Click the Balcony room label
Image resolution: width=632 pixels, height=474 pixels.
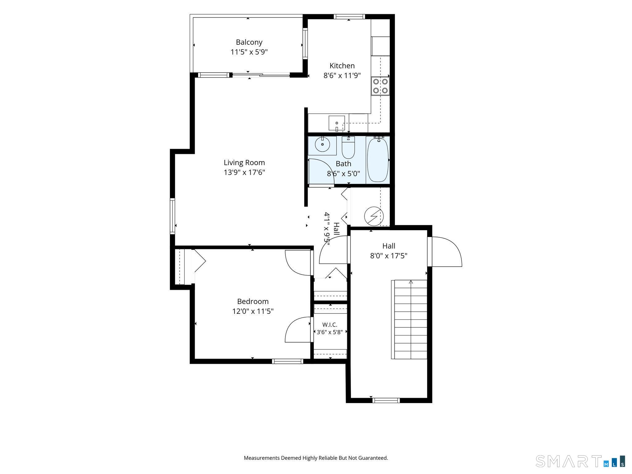(x=249, y=42)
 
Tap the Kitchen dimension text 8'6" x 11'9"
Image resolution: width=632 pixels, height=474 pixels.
(x=342, y=75)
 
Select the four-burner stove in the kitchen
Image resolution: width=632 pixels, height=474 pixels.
(x=380, y=86)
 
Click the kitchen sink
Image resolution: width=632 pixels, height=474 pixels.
(x=336, y=123)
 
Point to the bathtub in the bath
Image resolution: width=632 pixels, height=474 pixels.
(x=378, y=160)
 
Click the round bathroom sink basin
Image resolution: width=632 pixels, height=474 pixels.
(x=322, y=144)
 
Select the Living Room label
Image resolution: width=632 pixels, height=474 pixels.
(x=244, y=162)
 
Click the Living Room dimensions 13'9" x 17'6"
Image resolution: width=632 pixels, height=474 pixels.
(x=244, y=172)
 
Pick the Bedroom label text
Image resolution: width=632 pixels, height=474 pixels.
(x=253, y=301)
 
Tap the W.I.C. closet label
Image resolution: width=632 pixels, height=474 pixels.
(x=330, y=325)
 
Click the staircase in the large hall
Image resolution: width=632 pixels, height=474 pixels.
(x=409, y=319)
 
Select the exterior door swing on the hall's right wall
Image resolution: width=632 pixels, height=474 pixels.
(x=447, y=251)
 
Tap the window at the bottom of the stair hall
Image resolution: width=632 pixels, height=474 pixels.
(x=386, y=401)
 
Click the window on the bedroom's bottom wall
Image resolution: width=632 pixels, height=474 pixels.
(x=287, y=361)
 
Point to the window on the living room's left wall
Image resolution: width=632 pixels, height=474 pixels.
(x=173, y=216)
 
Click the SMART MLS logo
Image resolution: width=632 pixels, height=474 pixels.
(x=580, y=461)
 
